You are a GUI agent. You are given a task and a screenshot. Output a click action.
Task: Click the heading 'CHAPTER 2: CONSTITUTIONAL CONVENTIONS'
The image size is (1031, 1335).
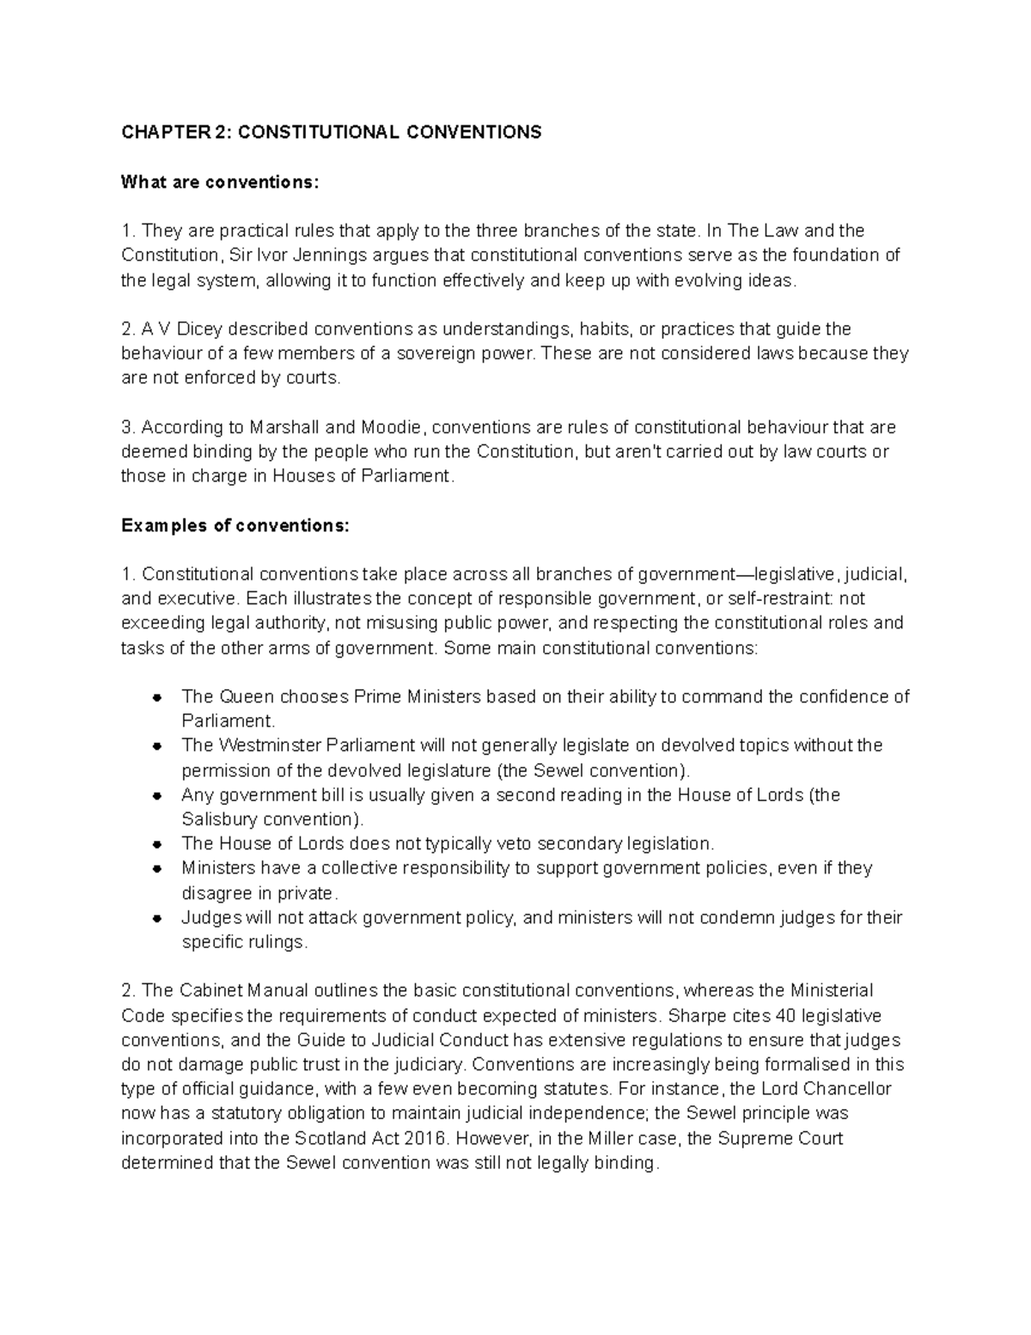(x=331, y=132)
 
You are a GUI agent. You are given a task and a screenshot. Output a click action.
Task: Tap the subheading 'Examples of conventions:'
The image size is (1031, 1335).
(x=235, y=525)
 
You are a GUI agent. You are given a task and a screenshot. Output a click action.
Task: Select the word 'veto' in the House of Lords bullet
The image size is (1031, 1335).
(x=510, y=843)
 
